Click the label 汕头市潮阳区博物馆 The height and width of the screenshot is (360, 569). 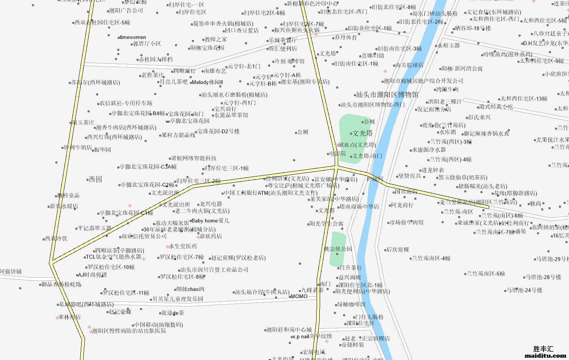click(x=387, y=95)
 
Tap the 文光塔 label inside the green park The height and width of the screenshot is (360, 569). click(x=363, y=133)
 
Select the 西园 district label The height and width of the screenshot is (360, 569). click(x=95, y=179)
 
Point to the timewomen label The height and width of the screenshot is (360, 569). click(x=132, y=37)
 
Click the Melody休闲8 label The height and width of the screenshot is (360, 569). click(x=207, y=82)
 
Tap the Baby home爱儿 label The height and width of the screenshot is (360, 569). click(x=210, y=221)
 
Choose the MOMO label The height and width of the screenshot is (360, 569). click(x=299, y=296)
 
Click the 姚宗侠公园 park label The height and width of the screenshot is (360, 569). click(x=338, y=249)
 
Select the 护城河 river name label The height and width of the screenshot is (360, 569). click(x=374, y=179)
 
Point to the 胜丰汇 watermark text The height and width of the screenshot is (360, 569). click(x=543, y=349)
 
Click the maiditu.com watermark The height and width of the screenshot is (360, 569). click(x=545, y=356)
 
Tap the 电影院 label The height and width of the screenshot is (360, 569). click(x=338, y=153)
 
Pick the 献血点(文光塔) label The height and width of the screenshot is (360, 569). click(x=357, y=145)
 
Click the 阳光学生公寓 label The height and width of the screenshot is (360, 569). click(x=326, y=223)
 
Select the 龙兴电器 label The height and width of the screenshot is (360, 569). click(x=210, y=204)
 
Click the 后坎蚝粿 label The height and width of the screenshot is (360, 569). click(x=398, y=250)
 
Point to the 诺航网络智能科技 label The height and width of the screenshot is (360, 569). click(x=194, y=158)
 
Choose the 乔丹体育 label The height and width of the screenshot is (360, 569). click(x=345, y=37)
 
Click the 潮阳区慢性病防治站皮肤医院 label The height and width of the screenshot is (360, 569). click(x=129, y=331)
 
